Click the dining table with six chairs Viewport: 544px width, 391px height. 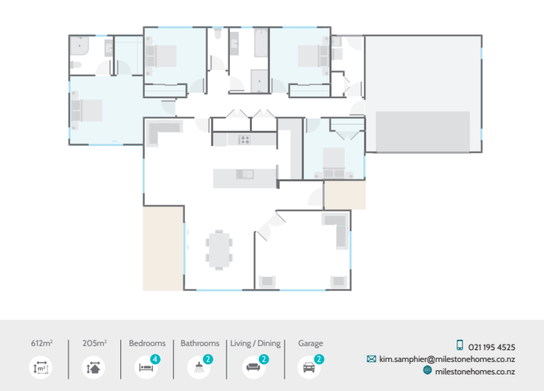coord(219,250)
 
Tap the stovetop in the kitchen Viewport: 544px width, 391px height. coord(245,139)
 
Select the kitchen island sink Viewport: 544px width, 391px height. coord(245,174)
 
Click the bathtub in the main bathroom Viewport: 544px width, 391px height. coord(261,43)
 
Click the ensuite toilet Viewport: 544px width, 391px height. coord(76,66)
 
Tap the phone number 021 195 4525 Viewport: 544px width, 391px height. coord(492,347)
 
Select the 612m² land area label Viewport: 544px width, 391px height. coord(42,343)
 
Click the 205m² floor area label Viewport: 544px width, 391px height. coord(95,343)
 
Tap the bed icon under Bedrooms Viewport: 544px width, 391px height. coord(146,368)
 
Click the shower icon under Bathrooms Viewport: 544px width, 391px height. coord(199,368)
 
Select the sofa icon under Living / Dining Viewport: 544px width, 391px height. coord(253,368)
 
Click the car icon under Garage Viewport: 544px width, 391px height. coord(308,368)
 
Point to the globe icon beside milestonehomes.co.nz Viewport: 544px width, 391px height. coord(428,371)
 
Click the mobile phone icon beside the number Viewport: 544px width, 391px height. coord(460,345)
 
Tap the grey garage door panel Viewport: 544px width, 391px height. coord(423,131)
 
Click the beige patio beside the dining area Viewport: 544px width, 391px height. coord(163,248)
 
